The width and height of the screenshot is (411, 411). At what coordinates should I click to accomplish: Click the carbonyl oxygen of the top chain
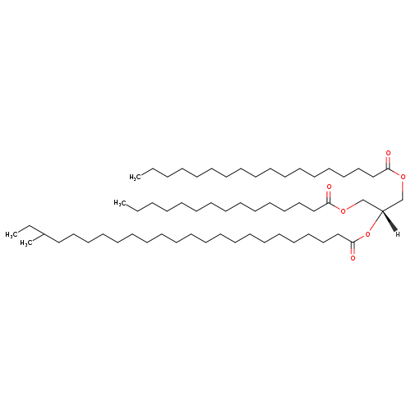(x=388, y=153)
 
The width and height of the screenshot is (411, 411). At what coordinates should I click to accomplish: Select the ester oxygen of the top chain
(x=403, y=177)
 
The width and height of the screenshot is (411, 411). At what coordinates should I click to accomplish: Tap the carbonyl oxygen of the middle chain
(x=329, y=187)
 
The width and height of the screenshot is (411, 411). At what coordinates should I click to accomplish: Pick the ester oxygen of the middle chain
(x=343, y=210)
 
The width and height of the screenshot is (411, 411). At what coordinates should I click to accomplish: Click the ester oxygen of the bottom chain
(x=367, y=234)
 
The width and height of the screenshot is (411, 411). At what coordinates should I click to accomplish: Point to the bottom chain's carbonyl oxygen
(x=353, y=258)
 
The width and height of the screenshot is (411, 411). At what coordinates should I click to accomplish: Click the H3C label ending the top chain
(x=135, y=177)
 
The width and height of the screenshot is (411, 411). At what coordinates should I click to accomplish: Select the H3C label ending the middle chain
(x=120, y=203)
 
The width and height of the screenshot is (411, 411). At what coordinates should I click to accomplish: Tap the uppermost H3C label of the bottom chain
(x=11, y=234)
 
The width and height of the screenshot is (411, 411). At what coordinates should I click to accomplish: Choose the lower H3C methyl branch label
(x=26, y=243)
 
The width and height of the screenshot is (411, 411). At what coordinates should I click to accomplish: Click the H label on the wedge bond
(x=398, y=234)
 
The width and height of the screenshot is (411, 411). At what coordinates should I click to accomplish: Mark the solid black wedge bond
(x=390, y=221)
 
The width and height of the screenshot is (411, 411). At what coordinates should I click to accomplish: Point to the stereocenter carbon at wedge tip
(x=382, y=210)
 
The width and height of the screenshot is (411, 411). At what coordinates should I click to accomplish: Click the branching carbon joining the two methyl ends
(x=44, y=234)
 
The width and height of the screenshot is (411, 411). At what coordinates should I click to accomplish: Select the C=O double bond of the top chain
(x=388, y=162)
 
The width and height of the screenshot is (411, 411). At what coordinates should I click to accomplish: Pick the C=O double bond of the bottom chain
(x=353, y=248)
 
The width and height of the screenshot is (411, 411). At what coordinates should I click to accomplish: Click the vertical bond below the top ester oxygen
(x=403, y=190)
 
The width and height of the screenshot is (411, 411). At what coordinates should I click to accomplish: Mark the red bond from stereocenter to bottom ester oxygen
(x=376, y=221)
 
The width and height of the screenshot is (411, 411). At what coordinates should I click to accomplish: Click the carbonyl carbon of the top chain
(x=388, y=169)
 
